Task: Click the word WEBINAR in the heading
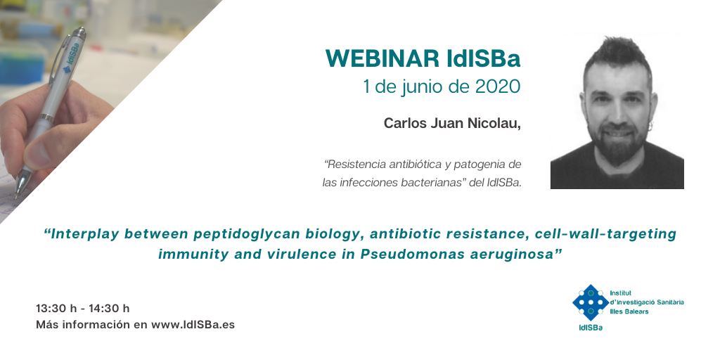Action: pos(382,59)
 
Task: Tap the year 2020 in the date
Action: pos(498,86)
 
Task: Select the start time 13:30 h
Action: pos(56,309)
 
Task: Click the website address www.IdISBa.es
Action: pos(193,325)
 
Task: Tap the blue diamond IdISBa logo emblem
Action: pos(591,302)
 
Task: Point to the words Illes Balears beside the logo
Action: pos(629,311)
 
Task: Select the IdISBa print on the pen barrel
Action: pos(72,58)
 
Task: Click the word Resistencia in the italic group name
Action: pos(357,164)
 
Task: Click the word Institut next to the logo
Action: pos(621,293)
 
